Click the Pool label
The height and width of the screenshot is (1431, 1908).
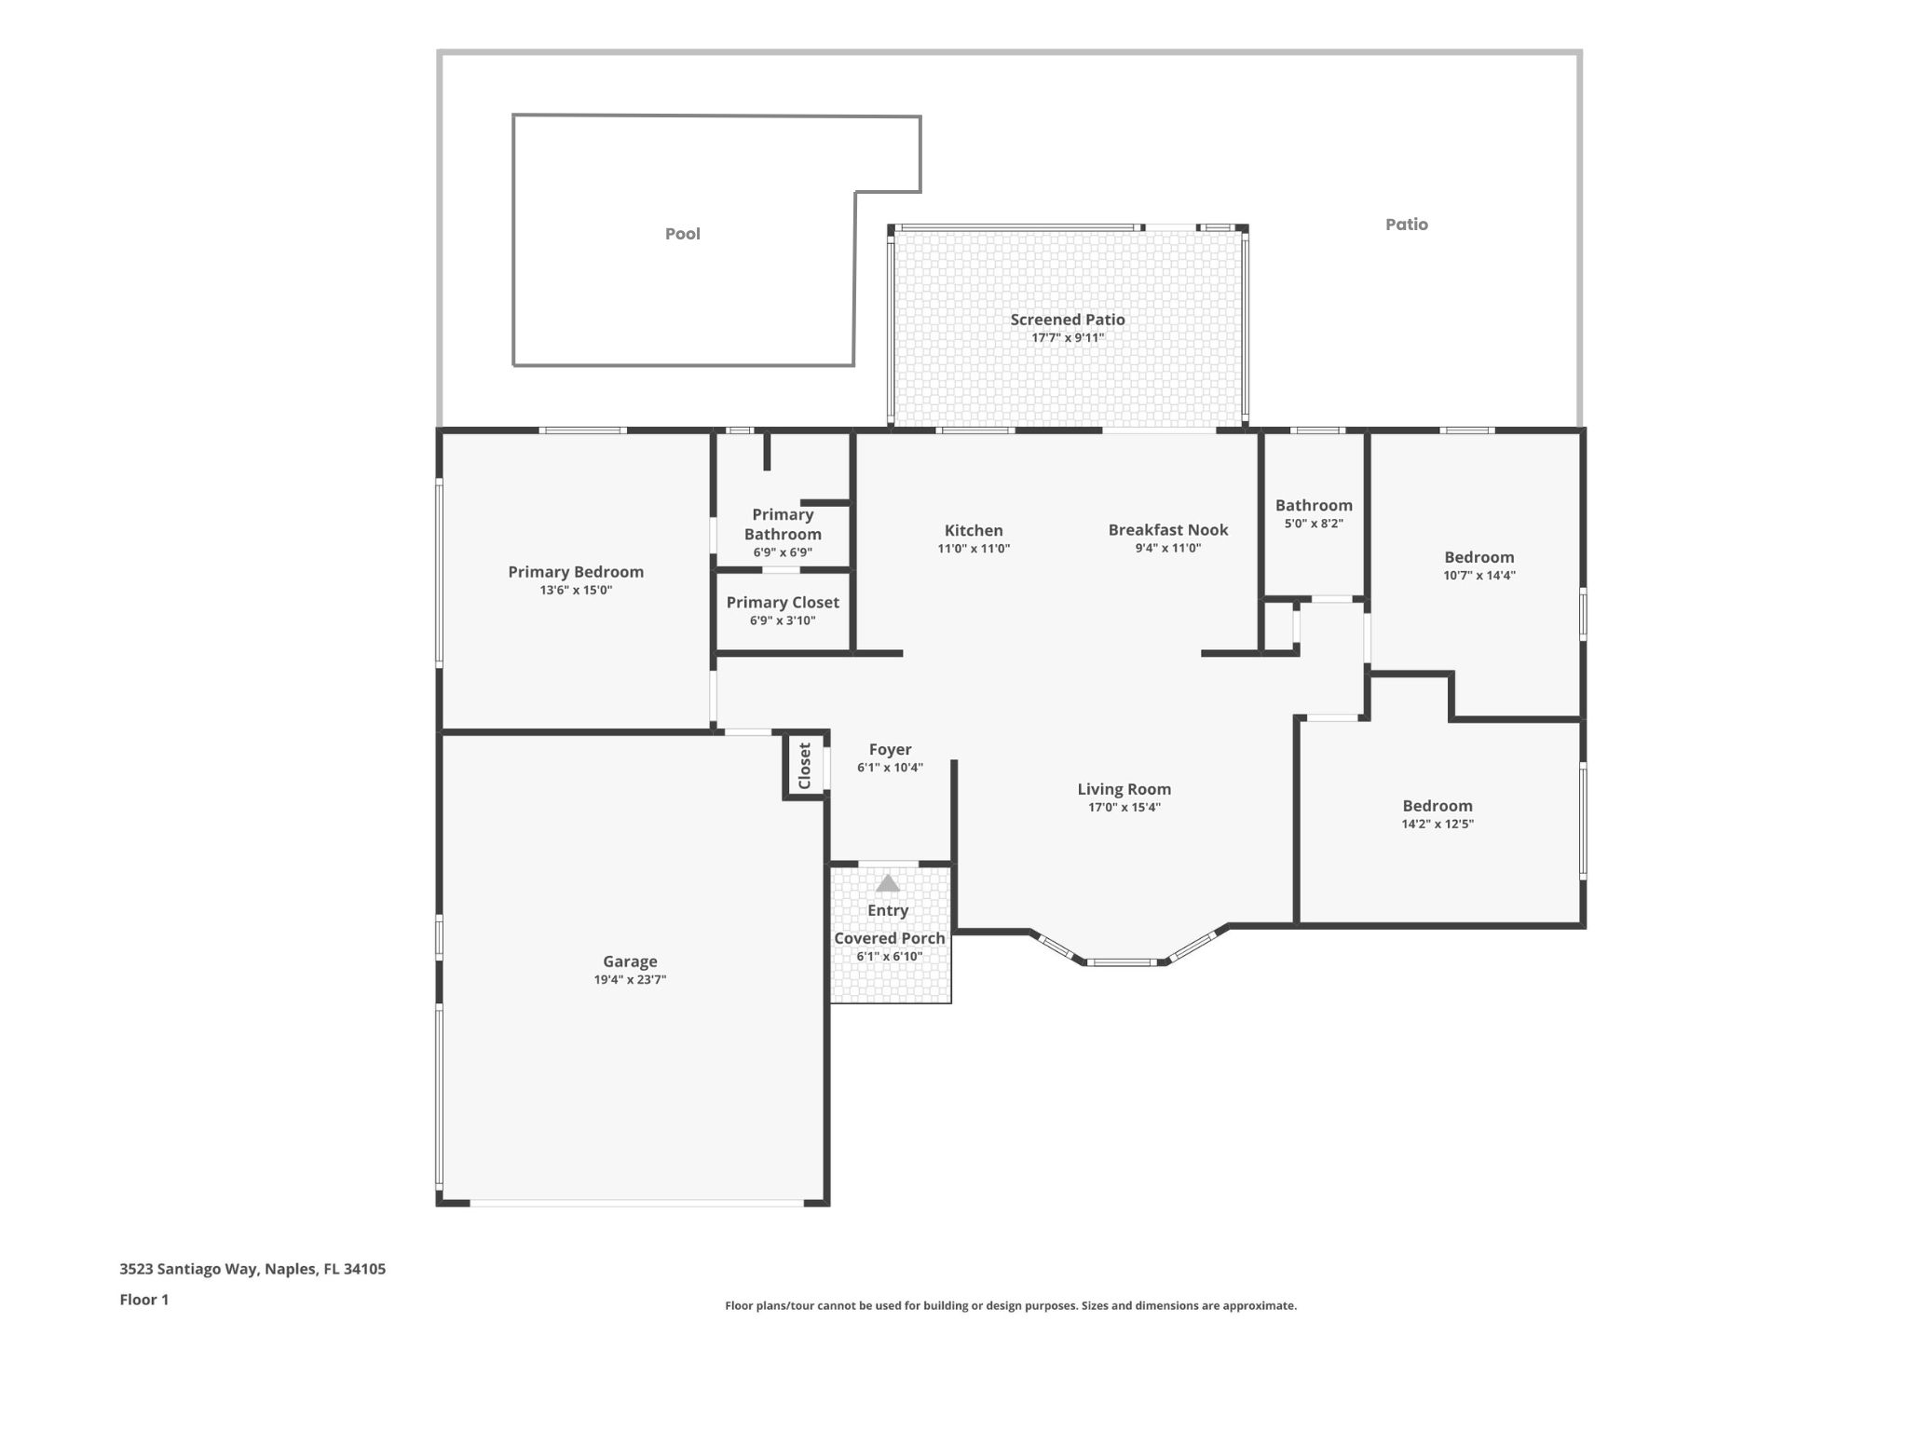(682, 234)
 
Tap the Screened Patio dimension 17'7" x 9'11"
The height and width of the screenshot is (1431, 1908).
(1068, 338)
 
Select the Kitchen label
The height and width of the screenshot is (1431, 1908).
(974, 530)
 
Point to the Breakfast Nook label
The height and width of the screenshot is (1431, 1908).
(1167, 530)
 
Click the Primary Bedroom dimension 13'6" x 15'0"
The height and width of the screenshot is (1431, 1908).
(576, 591)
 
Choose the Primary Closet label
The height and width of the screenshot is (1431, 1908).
(783, 603)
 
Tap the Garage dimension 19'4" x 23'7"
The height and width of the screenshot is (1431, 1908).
(630, 980)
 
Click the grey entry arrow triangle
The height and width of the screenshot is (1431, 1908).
(888, 883)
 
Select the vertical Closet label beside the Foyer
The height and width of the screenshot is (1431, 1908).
(805, 765)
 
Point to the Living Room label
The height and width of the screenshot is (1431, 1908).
(1124, 789)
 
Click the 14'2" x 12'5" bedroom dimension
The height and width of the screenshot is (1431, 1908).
(1438, 825)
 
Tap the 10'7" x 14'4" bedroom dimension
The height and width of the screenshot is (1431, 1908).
(1479, 576)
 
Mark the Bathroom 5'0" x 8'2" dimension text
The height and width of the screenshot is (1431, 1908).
(1314, 524)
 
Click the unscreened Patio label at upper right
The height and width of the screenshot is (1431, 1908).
(1406, 225)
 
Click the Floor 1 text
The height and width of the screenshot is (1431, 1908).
(144, 1300)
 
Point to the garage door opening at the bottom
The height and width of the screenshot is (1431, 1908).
(636, 1204)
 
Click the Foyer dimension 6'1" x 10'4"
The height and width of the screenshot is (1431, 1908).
(890, 769)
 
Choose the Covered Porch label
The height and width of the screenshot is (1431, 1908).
(889, 938)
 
